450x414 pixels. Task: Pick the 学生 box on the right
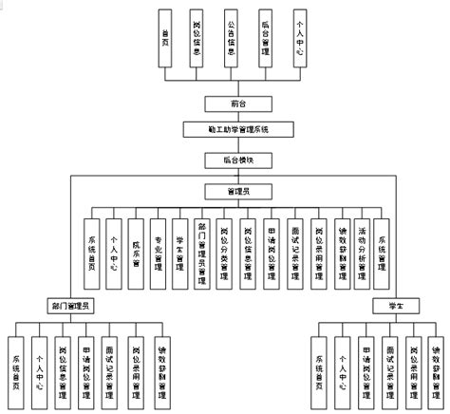coord(384,305)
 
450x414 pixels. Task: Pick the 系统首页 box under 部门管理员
coord(16,366)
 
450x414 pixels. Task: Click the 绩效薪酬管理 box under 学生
coord(434,366)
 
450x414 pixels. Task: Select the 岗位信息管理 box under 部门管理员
coord(62,366)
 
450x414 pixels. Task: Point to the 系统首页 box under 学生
coord(320,366)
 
